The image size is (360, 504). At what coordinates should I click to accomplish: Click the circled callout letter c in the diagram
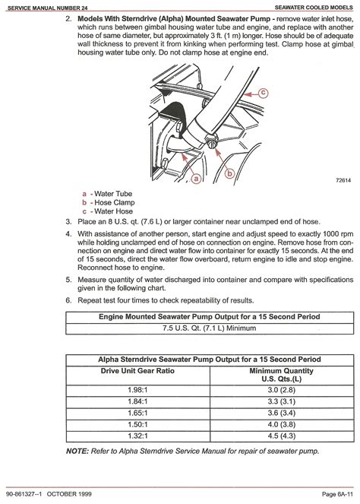click(x=263, y=94)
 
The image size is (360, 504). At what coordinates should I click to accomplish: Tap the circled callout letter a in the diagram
click(x=196, y=178)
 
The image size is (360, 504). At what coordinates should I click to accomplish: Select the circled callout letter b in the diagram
click(x=229, y=173)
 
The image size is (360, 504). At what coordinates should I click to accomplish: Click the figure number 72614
click(x=343, y=180)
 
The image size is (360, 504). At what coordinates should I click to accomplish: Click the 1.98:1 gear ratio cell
click(x=137, y=390)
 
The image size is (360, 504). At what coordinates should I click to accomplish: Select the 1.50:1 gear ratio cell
click(x=137, y=425)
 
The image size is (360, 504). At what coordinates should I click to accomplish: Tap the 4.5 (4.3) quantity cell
click(x=282, y=436)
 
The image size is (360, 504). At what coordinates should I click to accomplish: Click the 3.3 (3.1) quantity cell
click(x=282, y=401)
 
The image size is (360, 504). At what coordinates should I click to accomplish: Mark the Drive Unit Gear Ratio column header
click(x=137, y=371)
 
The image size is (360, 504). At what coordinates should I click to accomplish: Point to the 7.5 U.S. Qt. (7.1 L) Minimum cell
click(x=210, y=328)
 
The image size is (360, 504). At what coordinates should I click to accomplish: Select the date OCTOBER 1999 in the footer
click(x=69, y=494)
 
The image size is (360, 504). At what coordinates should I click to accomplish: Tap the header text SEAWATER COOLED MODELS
click(x=314, y=7)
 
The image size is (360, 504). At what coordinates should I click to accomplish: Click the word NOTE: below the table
click(x=77, y=451)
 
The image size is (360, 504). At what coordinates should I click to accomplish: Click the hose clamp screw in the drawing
click(x=211, y=140)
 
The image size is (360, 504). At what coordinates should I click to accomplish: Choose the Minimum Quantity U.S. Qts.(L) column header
click(x=281, y=375)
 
